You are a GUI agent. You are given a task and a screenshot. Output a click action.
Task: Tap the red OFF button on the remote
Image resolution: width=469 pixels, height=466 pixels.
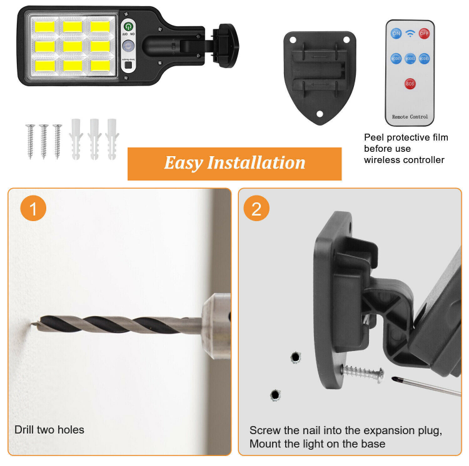424,33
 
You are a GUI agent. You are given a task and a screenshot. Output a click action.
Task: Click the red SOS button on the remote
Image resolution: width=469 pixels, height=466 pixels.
410,83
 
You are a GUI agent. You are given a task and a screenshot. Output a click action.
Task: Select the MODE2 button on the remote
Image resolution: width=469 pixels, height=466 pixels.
410,58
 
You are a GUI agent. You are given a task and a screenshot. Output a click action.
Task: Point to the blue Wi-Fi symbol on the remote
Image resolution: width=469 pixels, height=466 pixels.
410,33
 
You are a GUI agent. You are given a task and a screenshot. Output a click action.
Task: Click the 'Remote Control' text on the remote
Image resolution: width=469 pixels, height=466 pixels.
410,117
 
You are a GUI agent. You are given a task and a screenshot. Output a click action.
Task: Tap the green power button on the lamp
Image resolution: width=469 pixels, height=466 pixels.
128,26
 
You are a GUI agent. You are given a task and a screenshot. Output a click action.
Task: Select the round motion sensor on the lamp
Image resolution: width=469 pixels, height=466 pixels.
128,46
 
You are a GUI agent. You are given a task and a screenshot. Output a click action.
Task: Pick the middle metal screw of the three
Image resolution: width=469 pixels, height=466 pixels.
44,140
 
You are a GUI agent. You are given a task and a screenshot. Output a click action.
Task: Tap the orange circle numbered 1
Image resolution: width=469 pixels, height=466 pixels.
33,209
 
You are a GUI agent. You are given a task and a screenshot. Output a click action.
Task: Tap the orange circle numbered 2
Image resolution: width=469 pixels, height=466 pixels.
256,209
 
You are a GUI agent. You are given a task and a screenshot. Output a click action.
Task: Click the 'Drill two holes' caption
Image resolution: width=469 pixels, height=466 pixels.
49,430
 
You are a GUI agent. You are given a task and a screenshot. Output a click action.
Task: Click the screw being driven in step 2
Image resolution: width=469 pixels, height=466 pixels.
363,373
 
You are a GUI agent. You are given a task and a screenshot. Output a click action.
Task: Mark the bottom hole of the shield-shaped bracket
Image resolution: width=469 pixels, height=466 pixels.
319,114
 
